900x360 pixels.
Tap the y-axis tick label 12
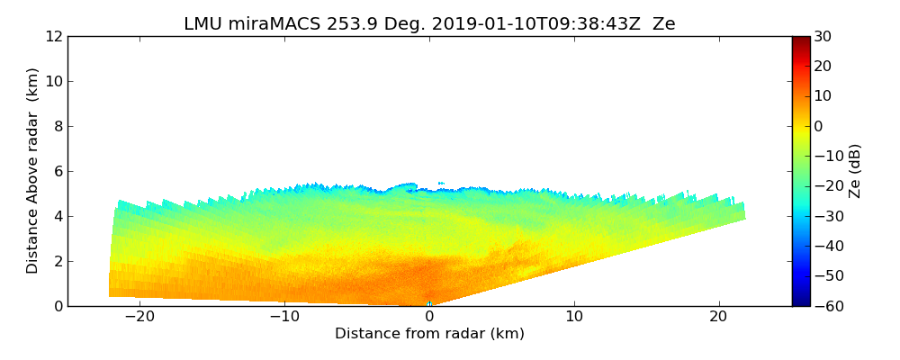[x=54, y=36]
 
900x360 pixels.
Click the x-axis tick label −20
[x=139, y=317]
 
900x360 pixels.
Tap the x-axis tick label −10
[x=284, y=317]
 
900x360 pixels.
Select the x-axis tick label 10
[x=574, y=317]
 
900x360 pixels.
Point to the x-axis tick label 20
[x=718, y=317]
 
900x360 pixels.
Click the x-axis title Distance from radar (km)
[x=429, y=334]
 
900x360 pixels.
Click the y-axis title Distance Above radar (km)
[x=33, y=171]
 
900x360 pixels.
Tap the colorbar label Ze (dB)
[x=855, y=171]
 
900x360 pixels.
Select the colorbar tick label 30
[x=823, y=36]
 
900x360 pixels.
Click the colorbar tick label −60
[x=826, y=306]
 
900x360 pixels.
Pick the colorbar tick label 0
[x=819, y=126]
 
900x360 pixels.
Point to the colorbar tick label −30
[x=826, y=216]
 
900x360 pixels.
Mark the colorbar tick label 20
[x=823, y=66]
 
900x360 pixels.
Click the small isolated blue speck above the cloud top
[x=441, y=184]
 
